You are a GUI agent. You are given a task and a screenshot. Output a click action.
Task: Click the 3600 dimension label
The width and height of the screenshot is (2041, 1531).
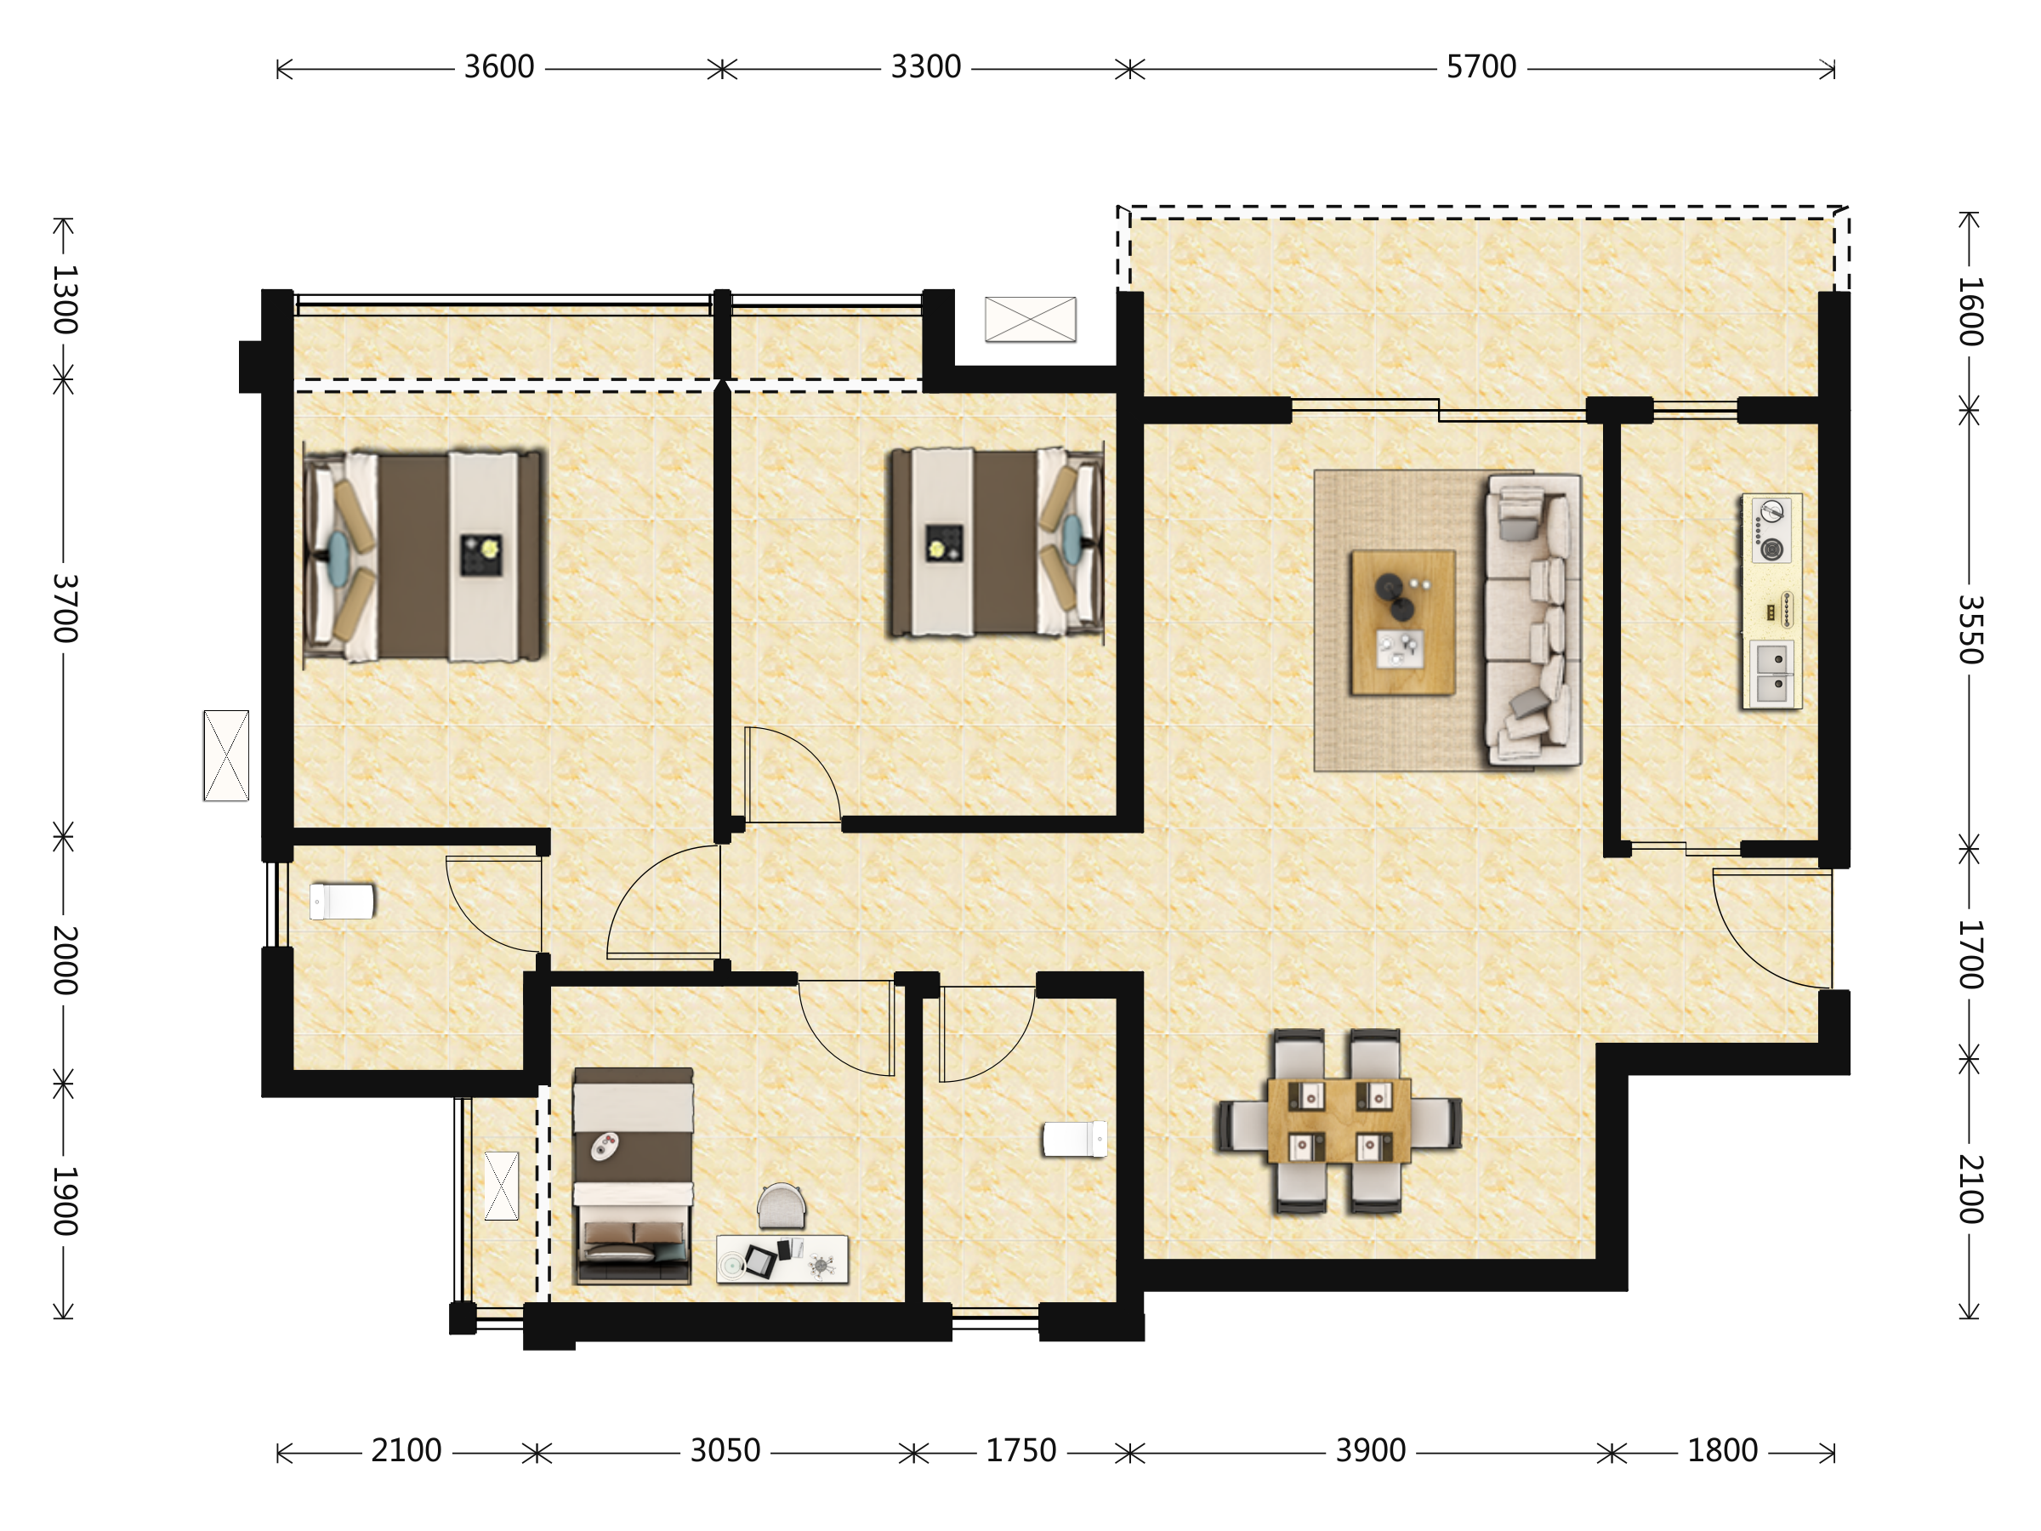[x=498, y=67]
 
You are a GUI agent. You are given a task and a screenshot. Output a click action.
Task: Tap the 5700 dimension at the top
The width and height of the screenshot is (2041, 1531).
[x=1481, y=67]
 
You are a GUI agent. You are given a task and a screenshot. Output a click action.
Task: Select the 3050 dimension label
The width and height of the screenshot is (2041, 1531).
[x=725, y=1452]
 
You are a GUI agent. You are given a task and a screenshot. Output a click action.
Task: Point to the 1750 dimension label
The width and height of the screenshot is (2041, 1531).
[x=1020, y=1452]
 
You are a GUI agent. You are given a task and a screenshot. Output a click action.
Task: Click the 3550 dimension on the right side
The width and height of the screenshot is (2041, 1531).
[x=1969, y=629]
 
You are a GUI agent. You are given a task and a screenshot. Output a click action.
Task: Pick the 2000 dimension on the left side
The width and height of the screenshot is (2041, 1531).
[x=65, y=959]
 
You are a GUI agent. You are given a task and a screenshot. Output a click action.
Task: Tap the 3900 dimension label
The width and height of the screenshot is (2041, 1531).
[x=1370, y=1452]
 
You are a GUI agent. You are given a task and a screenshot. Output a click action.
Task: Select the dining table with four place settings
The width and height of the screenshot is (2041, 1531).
[x=1339, y=1120]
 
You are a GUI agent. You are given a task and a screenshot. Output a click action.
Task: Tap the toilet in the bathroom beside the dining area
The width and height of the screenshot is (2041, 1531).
[x=1075, y=1139]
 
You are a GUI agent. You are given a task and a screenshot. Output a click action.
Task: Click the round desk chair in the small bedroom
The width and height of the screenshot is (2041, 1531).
[x=781, y=1206]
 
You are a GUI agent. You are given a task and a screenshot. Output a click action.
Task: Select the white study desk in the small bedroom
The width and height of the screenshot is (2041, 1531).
[x=782, y=1259]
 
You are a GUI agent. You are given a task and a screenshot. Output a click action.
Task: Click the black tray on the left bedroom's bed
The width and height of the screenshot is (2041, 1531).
[x=481, y=555]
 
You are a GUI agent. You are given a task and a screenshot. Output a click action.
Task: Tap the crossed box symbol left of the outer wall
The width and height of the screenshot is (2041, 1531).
[x=226, y=756]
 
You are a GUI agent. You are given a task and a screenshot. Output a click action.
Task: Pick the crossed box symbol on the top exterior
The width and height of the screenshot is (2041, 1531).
[x=1031, y=319]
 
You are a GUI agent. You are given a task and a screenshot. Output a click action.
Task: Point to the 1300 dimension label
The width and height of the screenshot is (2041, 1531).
[x=65, y=299]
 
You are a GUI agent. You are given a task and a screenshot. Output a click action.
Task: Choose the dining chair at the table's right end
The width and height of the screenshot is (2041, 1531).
[x=1436, y=1123]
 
